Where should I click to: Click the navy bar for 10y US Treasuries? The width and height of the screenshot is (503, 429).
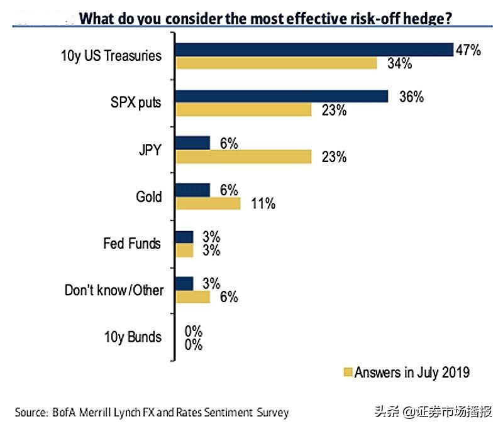314,50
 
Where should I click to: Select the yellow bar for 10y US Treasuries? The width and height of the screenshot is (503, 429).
276,63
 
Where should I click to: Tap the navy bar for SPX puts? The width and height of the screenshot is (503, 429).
282,96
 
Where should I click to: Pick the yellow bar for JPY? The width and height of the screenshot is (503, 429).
243,156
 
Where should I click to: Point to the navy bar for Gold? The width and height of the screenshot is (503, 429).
192,190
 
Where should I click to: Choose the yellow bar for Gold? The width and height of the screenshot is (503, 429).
208,204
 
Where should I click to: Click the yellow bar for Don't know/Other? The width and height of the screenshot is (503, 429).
192,296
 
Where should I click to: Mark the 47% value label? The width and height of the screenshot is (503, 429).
468,50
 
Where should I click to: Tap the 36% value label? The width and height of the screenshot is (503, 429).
411,97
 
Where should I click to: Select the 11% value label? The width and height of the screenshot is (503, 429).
262,204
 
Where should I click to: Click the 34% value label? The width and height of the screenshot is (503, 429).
399,63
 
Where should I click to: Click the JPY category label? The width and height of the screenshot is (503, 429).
150,149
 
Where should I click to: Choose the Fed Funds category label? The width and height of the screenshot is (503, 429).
132,243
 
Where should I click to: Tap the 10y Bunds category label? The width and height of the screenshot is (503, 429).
133,337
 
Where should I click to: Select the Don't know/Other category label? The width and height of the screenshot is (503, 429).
114,290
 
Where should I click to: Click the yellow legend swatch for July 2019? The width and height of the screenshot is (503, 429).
346,372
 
